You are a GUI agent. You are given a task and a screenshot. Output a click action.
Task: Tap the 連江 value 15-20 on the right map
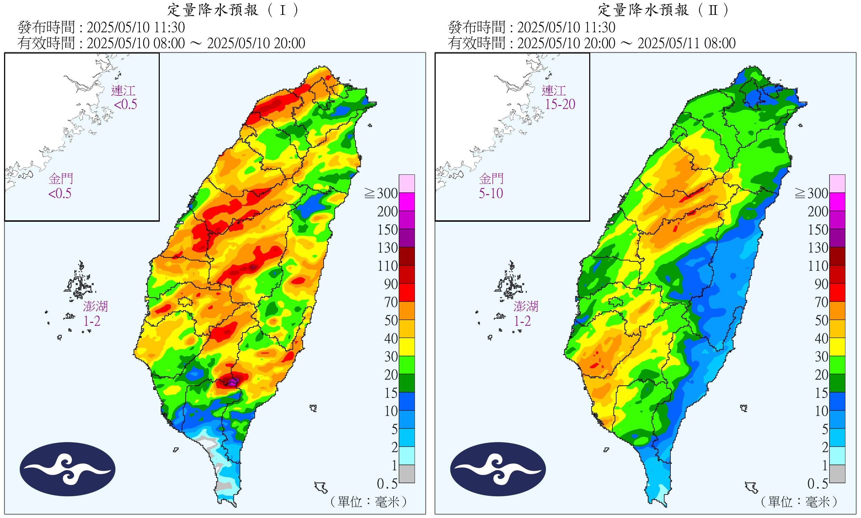[560, 104]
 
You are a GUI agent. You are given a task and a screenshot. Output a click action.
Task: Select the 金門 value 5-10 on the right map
[491, 193]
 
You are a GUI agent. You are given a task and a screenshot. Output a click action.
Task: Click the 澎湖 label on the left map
[95, 306]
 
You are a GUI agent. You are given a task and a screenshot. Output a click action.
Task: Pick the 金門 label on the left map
[61, 179]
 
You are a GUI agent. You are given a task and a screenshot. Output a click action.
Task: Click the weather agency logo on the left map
[67, 469]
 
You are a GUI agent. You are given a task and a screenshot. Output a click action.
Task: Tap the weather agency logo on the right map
[498, 469]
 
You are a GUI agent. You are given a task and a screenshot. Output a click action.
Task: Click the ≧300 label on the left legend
[382, 193]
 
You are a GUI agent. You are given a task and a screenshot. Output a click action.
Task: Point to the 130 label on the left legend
[387, 248]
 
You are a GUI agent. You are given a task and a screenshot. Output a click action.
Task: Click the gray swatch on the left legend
[407, 474]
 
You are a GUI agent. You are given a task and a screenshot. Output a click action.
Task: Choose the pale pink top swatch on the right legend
[837, 184]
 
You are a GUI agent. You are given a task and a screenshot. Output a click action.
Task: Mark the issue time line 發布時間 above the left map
[101, 27]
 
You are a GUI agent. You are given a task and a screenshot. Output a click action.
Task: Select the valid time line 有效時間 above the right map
[592, 43]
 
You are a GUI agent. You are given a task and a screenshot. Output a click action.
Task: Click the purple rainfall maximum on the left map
[233, 381]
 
